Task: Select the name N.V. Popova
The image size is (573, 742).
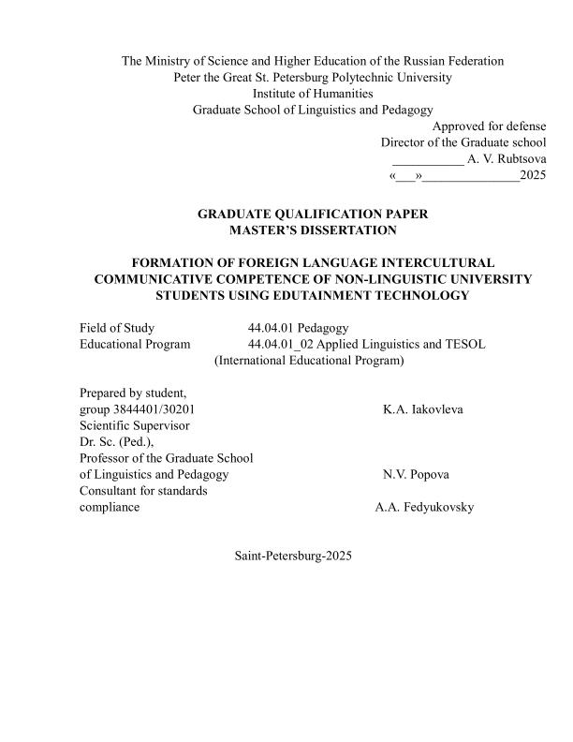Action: point(416,474)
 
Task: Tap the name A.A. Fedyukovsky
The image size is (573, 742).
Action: point(424,507)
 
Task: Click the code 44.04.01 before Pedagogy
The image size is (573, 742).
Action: point(271,328)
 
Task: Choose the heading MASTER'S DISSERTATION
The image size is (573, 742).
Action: point(313,230)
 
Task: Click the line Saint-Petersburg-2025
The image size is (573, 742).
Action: point(293,556)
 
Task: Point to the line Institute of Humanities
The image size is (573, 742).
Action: point(313,94)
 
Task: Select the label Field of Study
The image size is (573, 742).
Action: point(117,328)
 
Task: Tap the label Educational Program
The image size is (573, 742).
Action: point(135,344)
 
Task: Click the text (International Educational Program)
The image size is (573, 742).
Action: point(309,360)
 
